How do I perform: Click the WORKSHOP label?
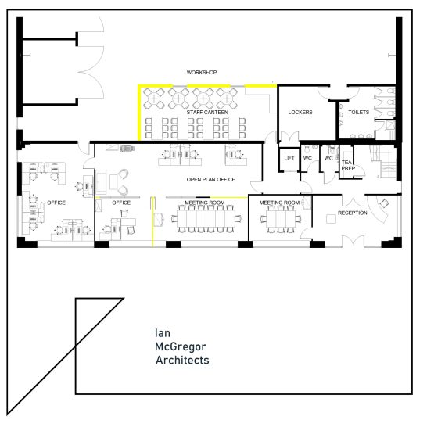(x=202, y=73)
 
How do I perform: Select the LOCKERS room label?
(x=300, y=113)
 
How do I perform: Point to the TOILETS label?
(x=358, y=113)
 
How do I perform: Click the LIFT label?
(x=289, y=158)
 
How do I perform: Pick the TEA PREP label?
(x=347, y=165)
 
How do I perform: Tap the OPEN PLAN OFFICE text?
(x=210, y=180)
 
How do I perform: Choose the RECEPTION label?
(x=353, y=213)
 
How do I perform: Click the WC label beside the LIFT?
(x=308, y=158)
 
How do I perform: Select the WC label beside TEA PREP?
(x=328, y=158)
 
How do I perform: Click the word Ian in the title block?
(x=163, y=332)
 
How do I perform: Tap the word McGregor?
(x=178, y=346)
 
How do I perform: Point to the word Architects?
(x=182, y=361)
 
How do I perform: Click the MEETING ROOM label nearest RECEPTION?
(x=280, y=203)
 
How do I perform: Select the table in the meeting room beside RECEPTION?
(x=279, y=220)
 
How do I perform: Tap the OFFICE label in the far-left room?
(x=56, y=203)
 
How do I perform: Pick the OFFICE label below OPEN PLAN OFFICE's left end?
(x=121, y=203)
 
